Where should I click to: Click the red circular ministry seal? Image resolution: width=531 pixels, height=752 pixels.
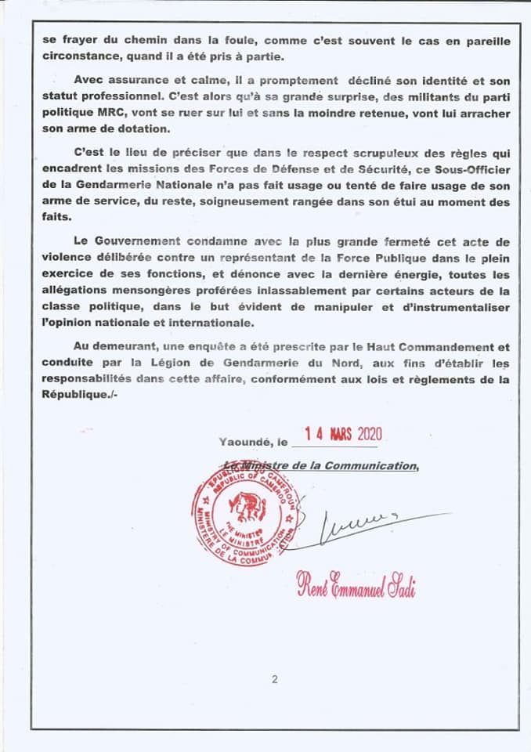pos(241,518)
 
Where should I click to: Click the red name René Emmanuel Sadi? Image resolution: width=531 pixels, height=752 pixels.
pos(355,584)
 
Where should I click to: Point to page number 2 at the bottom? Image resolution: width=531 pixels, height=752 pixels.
pos(275,679)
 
